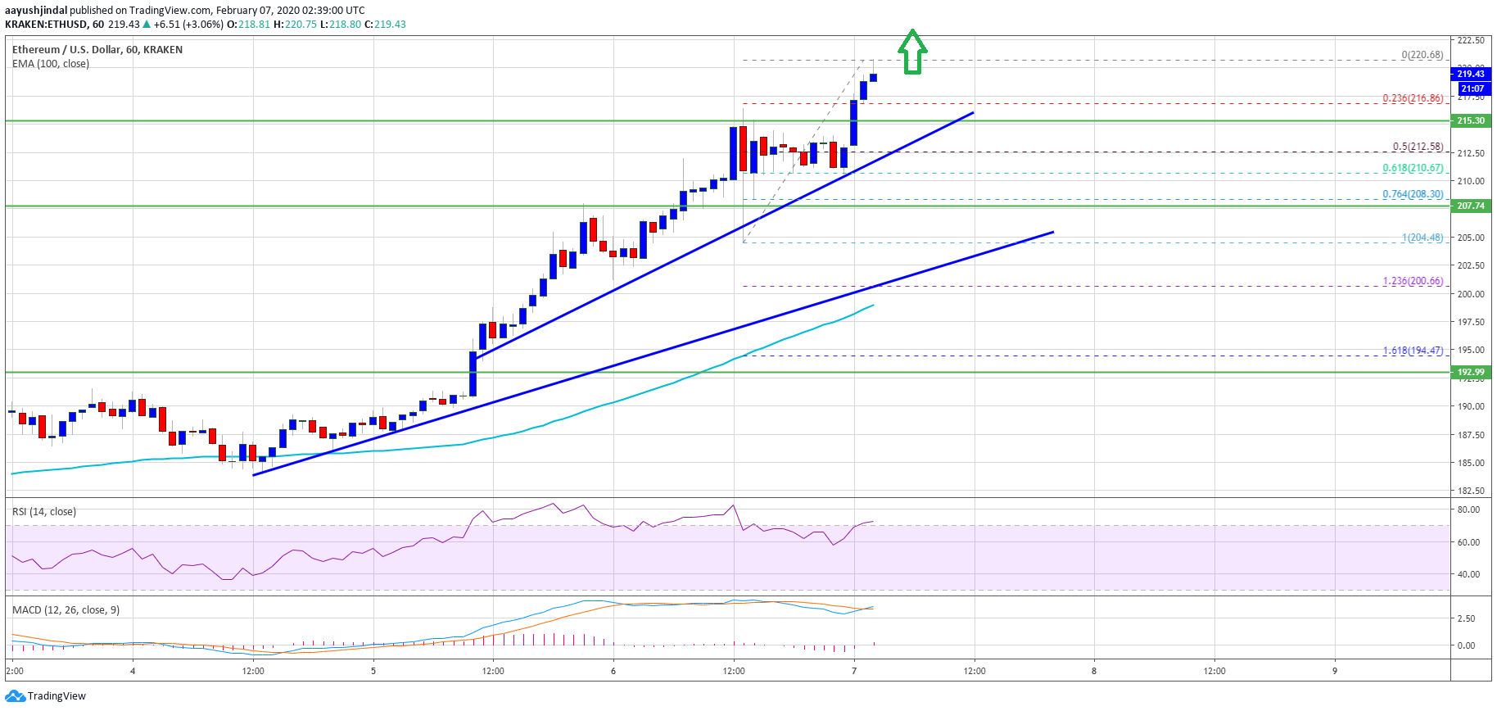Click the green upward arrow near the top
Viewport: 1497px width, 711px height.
tap(911, 52)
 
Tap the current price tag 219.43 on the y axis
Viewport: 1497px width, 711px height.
tap(1471, 74)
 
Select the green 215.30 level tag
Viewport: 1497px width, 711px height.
tap(1471, 120)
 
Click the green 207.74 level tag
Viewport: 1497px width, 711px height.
tap(1471, 206)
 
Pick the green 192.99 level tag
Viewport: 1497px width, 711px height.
tap(1471, 372)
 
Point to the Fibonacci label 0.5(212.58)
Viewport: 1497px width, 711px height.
tap(1418, 147)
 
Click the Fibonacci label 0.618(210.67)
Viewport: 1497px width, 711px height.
tap(1413, 168)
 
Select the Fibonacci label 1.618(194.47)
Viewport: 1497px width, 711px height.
tap(1413, 351)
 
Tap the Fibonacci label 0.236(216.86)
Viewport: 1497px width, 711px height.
tap(1413, 98)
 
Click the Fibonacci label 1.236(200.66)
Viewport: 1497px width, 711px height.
tap(1413, 281)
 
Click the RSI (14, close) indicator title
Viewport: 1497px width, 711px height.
tap(44, 512)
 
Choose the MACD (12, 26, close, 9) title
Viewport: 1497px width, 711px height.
tap(66, 610)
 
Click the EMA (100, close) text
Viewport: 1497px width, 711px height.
tap(51, 64)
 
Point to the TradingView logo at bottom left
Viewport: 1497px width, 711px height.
tap(46, 696)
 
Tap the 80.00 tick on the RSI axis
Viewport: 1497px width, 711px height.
tap(1468, 509)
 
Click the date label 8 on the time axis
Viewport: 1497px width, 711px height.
tap(1094, 671)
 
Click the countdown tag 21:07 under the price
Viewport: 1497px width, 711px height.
tap(1472, 88)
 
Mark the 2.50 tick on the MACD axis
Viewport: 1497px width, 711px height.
tap(1466, 618)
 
